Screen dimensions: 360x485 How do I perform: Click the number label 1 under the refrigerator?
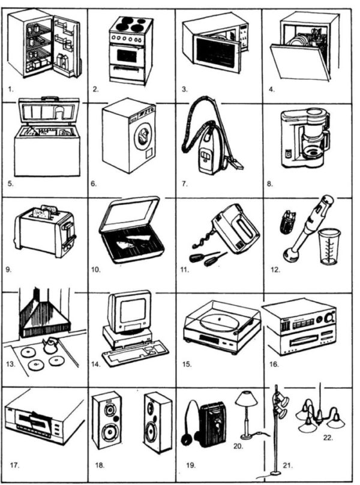point(11,89)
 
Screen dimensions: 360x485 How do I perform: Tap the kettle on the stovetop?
point(50,346)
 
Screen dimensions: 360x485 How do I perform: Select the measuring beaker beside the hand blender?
point(329,247)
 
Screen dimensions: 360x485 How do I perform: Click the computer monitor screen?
point(133,311)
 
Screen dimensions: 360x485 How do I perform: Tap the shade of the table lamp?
point(246,399)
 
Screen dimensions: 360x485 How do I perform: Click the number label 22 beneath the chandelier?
point(328,438)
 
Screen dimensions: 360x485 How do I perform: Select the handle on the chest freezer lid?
point(50,98)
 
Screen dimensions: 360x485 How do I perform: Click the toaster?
point(45,230)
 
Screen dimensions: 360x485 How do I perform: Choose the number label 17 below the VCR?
point(14,465)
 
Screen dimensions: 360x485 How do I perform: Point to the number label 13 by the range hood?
point(11,364)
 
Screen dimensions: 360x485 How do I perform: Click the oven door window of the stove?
point(127,55)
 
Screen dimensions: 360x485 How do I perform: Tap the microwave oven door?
point(217,53)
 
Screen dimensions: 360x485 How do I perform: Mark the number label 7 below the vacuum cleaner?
point(185,184)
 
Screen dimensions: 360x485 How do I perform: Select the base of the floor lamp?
point(274,473)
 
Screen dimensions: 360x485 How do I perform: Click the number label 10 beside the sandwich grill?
point(96,270)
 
